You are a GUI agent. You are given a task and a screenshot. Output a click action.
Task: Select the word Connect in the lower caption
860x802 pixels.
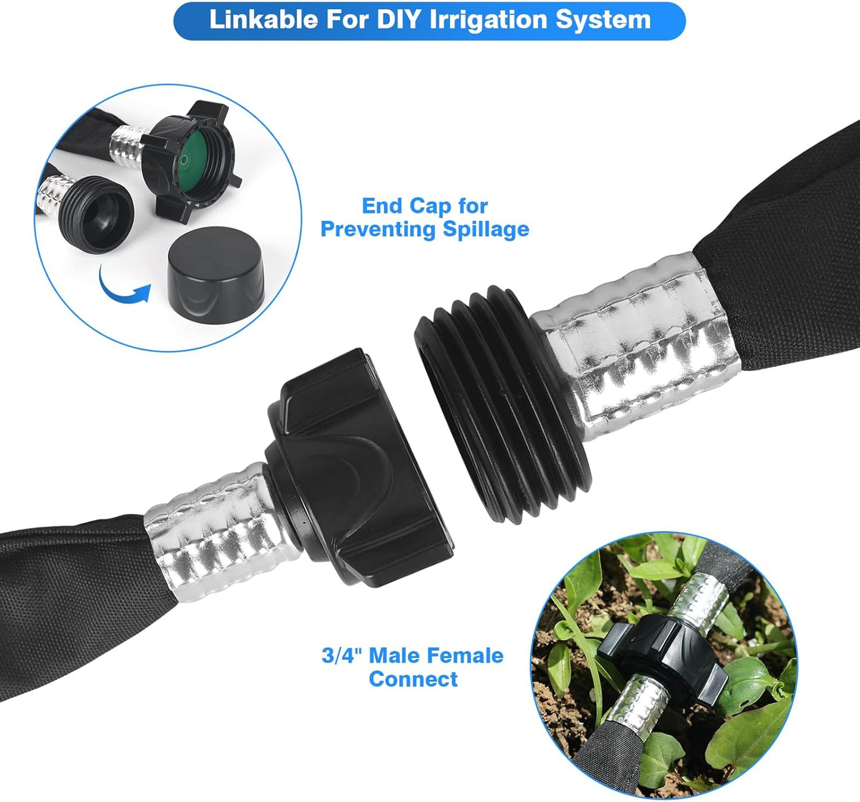pyautogui.click(x=413, y=679)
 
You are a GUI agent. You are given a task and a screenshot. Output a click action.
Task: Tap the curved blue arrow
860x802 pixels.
pyautogui.click(x=123, y=288)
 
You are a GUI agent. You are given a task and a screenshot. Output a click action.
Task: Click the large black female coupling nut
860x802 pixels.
pyautogui.click(x=357, y=464)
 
